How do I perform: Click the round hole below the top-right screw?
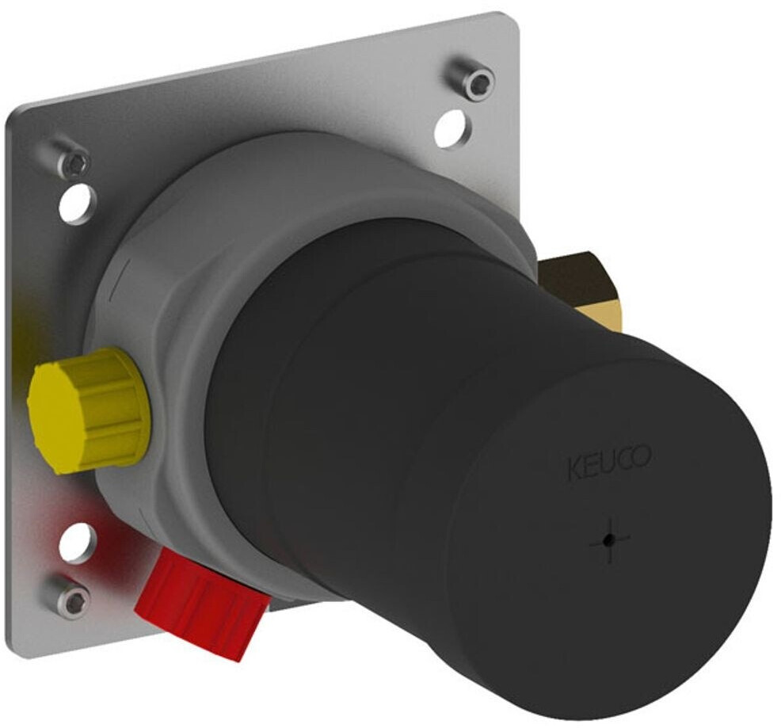[454, 129]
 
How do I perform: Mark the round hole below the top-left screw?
[78, 204]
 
